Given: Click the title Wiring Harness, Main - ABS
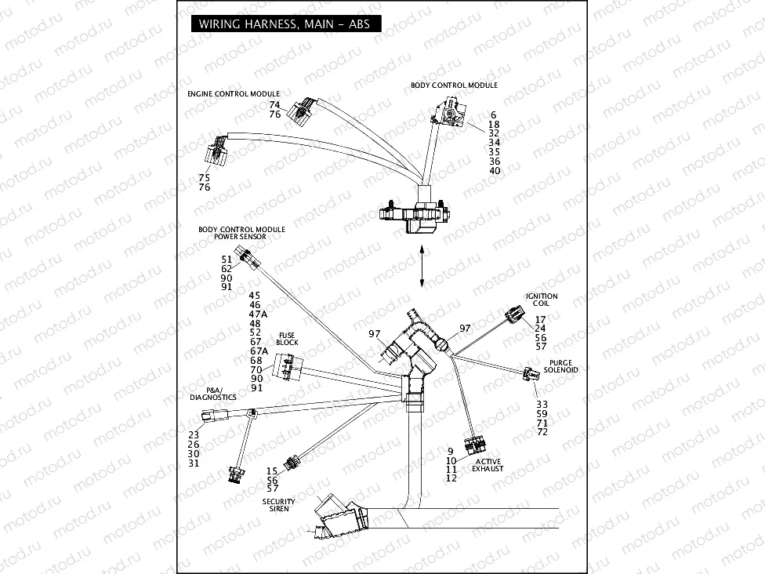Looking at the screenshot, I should tap(285, 24).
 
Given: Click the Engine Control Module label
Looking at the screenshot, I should tap(233, 94).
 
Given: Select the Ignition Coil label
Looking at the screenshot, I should tap(542, 300).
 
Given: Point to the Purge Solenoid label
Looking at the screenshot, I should tap(560, 366).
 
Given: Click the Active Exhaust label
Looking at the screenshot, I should tap(488, 465).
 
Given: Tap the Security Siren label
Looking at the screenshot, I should tap(279, 505).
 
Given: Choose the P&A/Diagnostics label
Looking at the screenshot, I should tap(213, 394).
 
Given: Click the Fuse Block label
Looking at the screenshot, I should tap(287, 339).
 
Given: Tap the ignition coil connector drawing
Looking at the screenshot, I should tap(515, 314).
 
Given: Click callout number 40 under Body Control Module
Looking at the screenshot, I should tap(494, 171).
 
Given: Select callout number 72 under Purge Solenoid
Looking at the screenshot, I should tap(542, 432).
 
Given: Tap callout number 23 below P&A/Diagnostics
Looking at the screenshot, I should tap(194, 435).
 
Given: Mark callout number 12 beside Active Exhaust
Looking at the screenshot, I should tap(451, 478).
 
